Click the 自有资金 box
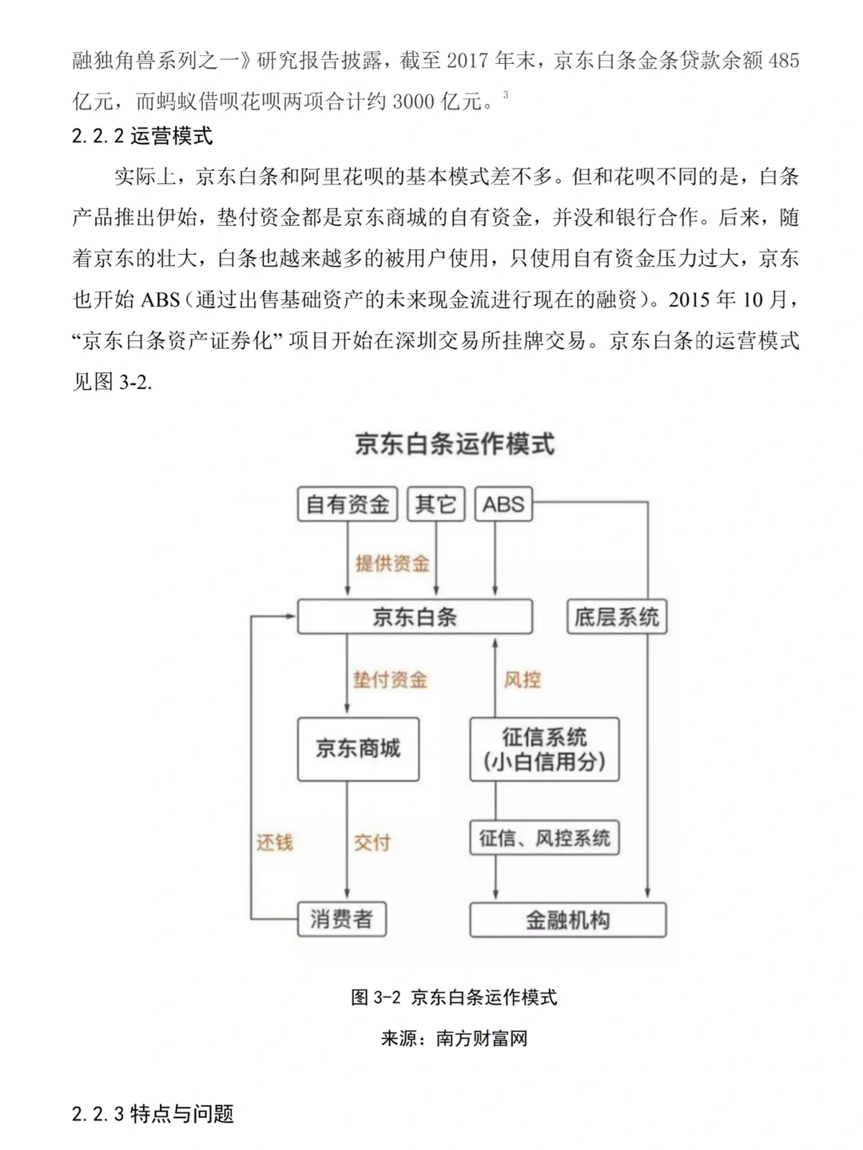(x=347, y=505)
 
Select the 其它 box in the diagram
(x=435, y=505)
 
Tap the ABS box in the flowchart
(x=503, y=505)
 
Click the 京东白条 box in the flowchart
(x=415, y=617)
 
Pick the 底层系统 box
(x=617, y=617)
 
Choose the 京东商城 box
(x=358, y=748)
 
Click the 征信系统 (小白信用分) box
(x=544, y=748)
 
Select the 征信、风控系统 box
(x=544, y=838)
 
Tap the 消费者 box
(x=341, y=919)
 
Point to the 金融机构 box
(x=567, y=920)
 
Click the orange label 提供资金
(x=392, y=564)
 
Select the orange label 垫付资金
(x=390, y=680)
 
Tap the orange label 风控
(x=523, y=680)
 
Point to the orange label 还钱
(x=274, y=843)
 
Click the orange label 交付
(x=372, y=843)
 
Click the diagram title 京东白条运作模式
(x=455, y=444)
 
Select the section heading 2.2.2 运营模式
(x=142, y=137)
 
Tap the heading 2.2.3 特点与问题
(x=153, y=1114)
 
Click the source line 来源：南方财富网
(x=454, y=1039)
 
